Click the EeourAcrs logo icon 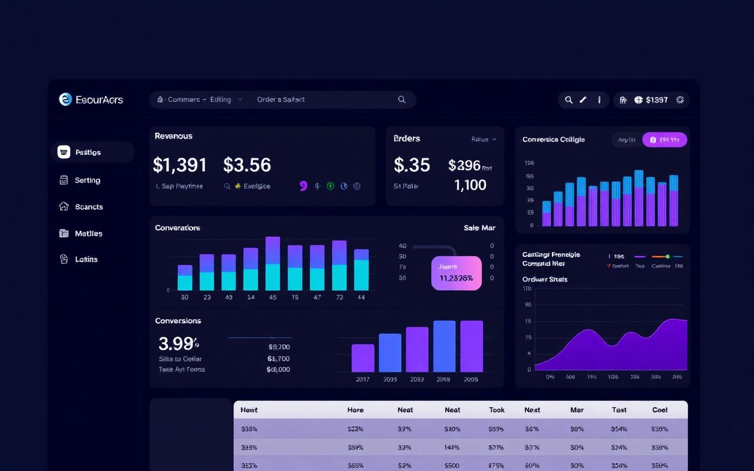pyautogui.click(x=65, y=99)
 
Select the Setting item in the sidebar pyautogui.click(x=87, y=180)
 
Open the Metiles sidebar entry pyautogui.click(x=88, y=233)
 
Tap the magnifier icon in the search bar pyautogui.click(x=402, y=99)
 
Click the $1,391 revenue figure pyautogui.click(x=180, y=165)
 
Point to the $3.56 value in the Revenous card pyautogui.click(x=247, y=165)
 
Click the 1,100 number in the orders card pyautogui.click(x=470, y=185)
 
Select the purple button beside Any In pyautogui.click(x=664, y=140)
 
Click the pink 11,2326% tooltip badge pyautogui.click(x=457, y=273)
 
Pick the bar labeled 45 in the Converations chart pyautogui.click(x=273, y=263)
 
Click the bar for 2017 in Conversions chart pyautogui.click(x=363, y=358)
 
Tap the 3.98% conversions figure pyautogui.click(x=178, y=343)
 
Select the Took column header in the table pyautogui.click(x=497, y=410)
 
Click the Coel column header pyautogui.click(x=660, y=410)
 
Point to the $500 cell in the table pyautogui.click(x=452, y=466)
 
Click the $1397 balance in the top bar pyautogui.click(x=657, y=99)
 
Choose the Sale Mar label pyautogui.click(x=479, y=228)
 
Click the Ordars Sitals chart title pyautogui.click(x=545, y=279)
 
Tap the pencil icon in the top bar pyautogui.click(x=583, y=99)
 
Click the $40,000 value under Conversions pyautogui.click(x=278, y=370)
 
